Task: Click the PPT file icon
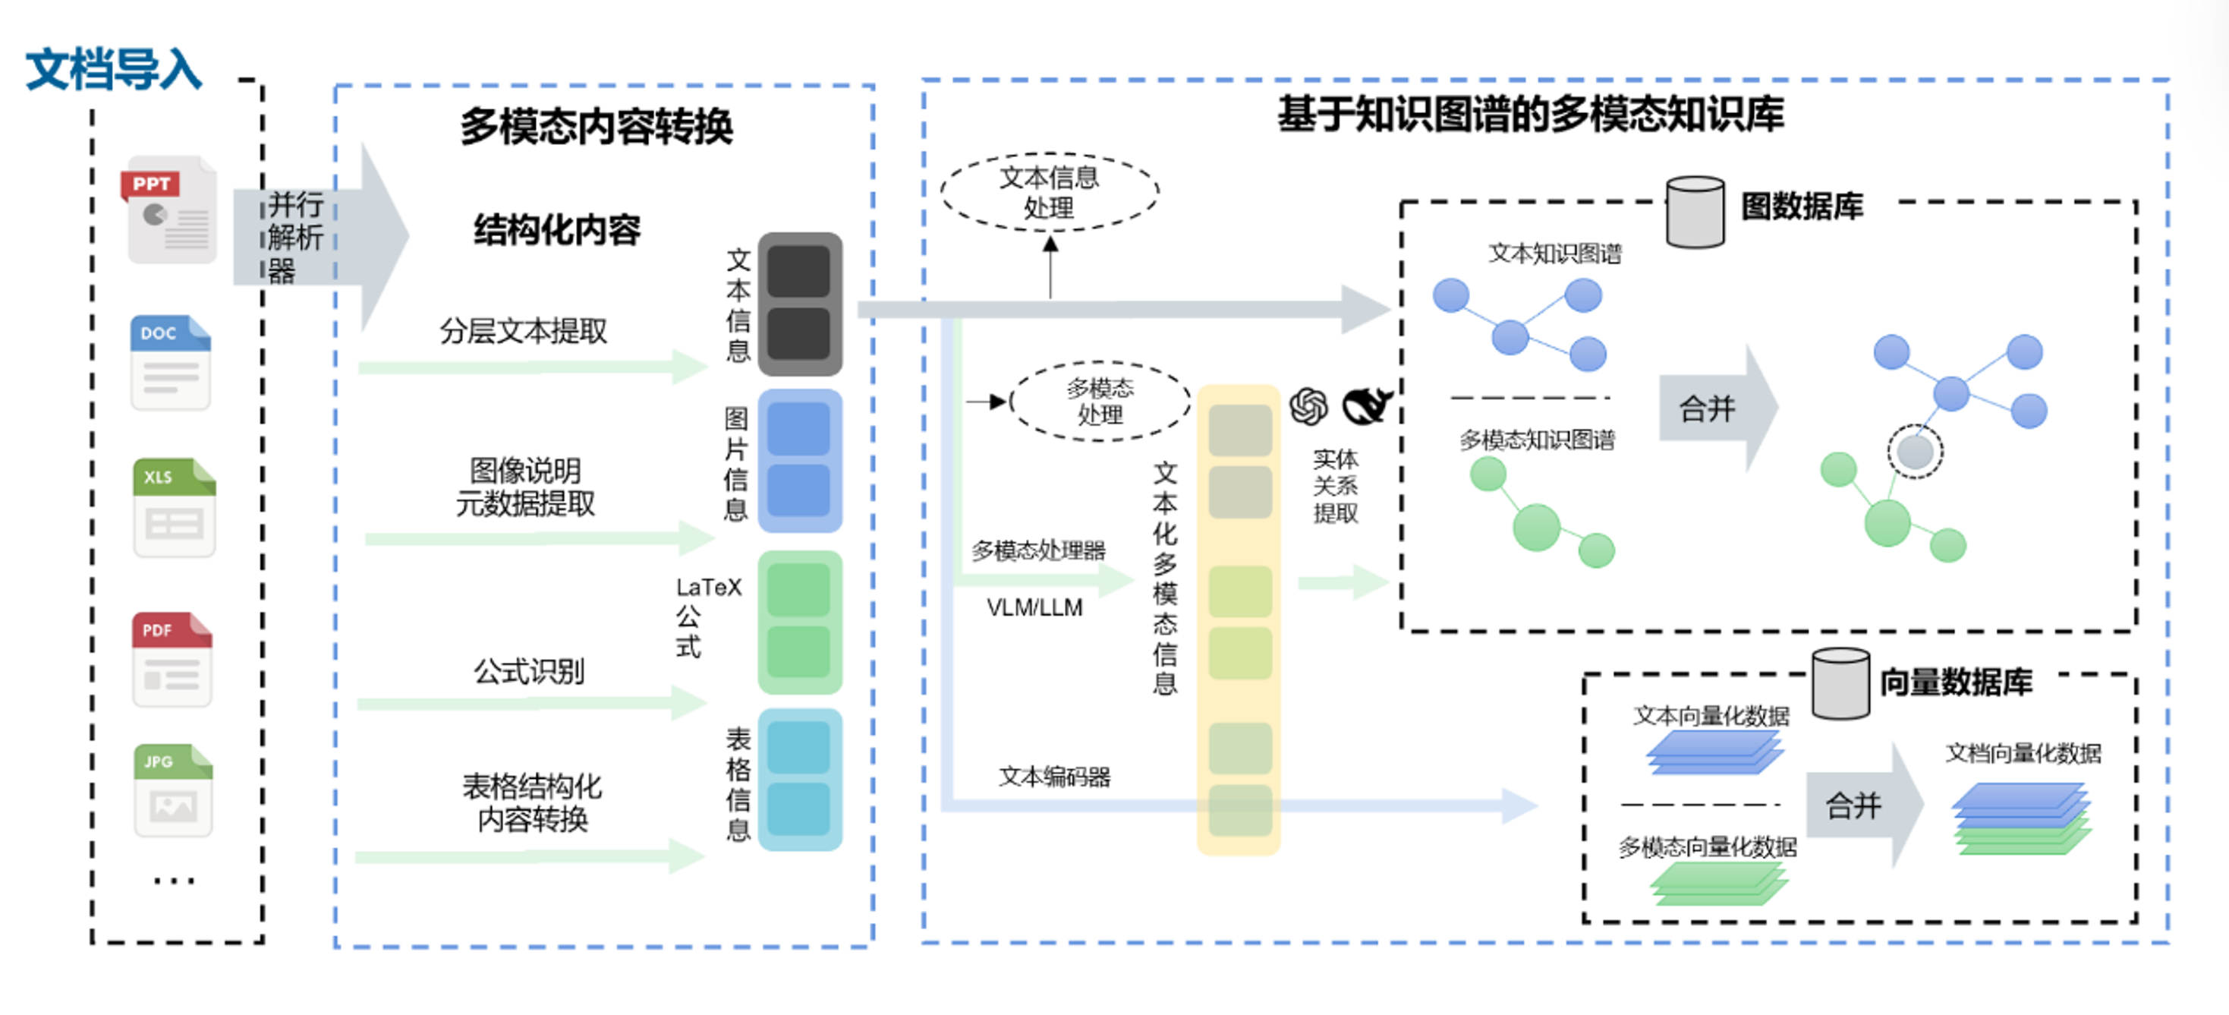[169, 210]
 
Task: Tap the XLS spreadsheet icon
[174, 508]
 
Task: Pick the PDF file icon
[172, 660]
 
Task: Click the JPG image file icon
[173, 790]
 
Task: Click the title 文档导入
[113, 69]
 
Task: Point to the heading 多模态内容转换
[597, 126]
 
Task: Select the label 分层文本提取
[523, 330]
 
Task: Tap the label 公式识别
[529, 670]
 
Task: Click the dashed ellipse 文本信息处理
[1049, 192]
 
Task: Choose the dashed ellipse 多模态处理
[1099, 402]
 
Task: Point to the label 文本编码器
[1054, 776]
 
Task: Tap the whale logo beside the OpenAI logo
[1366, 405]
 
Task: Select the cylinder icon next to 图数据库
[1694, 212]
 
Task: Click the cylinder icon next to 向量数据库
[1840, 683]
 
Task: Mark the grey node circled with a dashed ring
[1915, 451]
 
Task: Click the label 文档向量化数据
[2023, 753]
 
